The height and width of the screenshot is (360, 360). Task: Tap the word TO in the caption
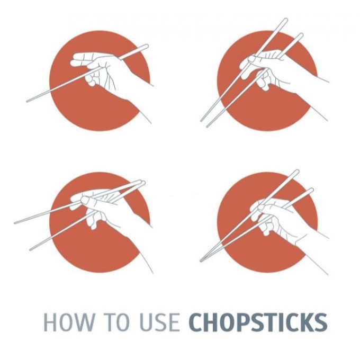pos(116,322)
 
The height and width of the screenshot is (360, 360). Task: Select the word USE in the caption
pos(159,322)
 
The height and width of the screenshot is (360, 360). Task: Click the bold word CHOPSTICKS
pos(258,322)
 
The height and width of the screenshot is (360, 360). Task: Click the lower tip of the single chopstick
pos(28,101)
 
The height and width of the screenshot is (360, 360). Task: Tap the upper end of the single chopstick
pos(147,47)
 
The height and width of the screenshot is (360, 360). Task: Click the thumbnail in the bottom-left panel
pos(85,200)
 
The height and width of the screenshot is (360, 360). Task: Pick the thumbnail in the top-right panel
pos(252,59)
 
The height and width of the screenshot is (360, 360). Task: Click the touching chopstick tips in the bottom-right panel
pos(201,260)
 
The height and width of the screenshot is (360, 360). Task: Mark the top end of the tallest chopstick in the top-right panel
pos(285,20)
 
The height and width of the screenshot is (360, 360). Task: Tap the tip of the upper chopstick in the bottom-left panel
pos(15,223)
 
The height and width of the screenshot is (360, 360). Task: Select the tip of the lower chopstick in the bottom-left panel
pos(31,249)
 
